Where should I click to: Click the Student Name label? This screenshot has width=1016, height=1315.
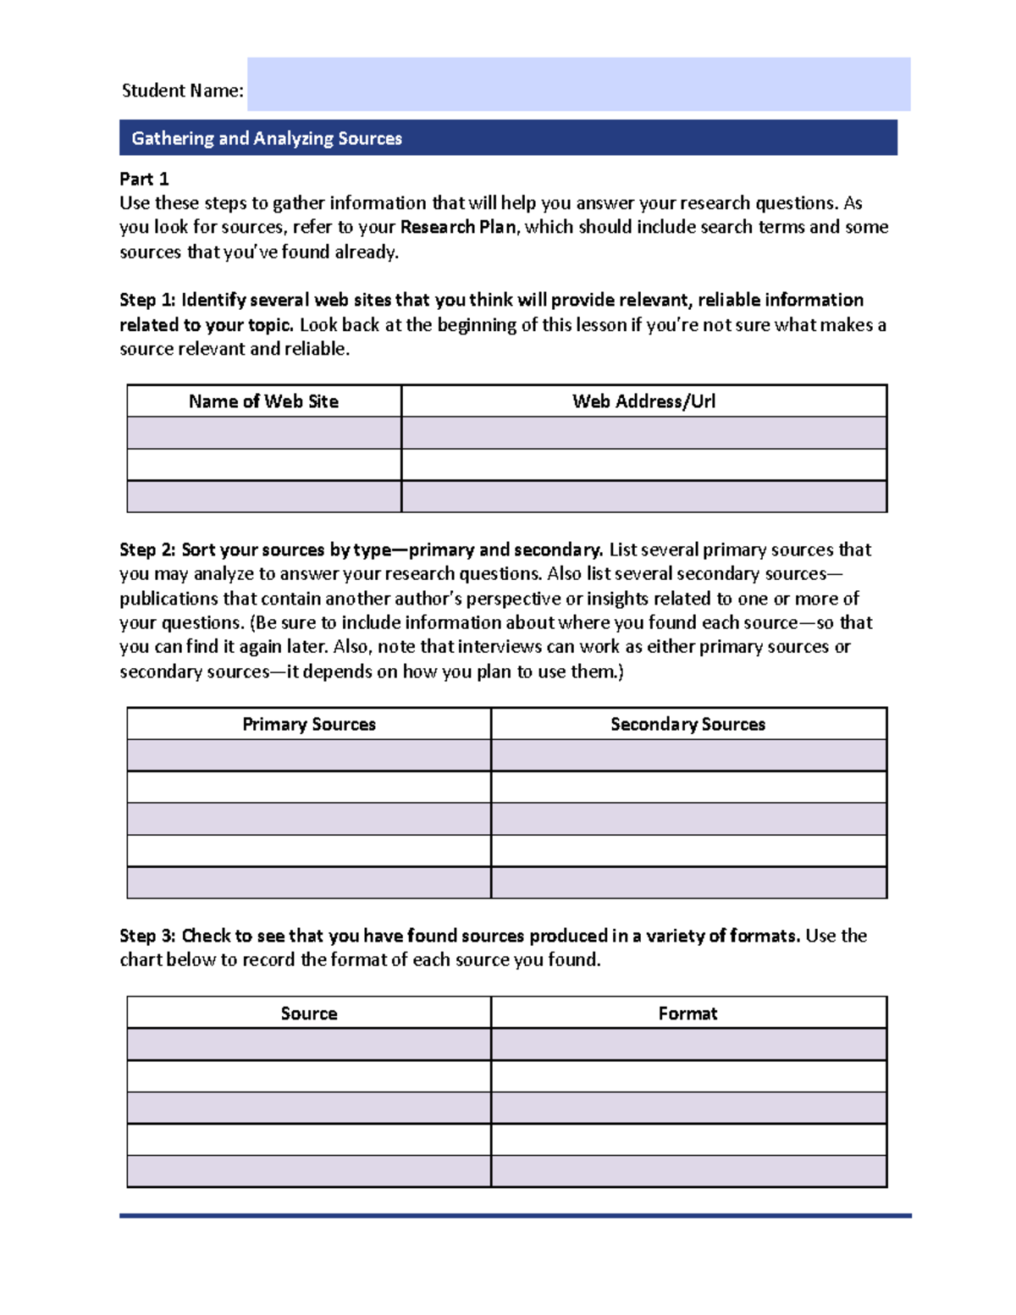pyautogui.click(x=182, y=91)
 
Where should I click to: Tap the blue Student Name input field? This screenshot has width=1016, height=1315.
pyautogui.click(x=578, y=85)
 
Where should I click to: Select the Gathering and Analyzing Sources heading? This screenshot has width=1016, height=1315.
pyautogui.click(x=267, y=138)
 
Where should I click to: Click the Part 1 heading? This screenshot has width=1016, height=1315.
pyautogui.click(x=144, y=179)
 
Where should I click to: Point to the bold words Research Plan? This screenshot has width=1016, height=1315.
pyautogui.click(x=458, y=227)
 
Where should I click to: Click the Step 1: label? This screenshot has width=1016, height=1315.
pyautogui.click(x=147, y=300)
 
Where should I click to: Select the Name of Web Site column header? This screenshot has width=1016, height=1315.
pyautogui.click(x=263, y=401)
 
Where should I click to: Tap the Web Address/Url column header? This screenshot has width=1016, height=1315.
pyautogui.click(x=643, y=401)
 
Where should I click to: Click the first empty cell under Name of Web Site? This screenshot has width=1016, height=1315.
pyautogui.click(x=263, y=433)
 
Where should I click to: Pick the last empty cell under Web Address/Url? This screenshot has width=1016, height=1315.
pyautogui.click(x=643, y=496)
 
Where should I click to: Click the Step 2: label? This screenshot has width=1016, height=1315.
pyautogui.click(x=147, y=550)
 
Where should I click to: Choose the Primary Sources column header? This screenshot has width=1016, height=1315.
pyautogui.click(x=309, y=724)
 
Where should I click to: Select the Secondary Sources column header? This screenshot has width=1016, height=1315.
pyautogui.click(x=687, y=724)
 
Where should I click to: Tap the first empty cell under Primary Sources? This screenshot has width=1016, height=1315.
pyautogui.click(x=309, y=755)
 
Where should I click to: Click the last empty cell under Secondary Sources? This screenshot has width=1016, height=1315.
pyautogui.click(x=687, y=882)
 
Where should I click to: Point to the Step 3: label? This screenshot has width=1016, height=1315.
pyautogui.click(x=147, y=936)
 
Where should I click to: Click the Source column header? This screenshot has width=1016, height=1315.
pyautogui.click(x=309, y=1014)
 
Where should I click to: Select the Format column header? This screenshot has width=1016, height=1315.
pyautogui.click(x=687, y=1014)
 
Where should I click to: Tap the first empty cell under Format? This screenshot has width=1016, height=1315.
pyautogui.click(x=687, y=1044)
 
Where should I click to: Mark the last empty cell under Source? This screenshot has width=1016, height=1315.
pyautogui.click(x=309, y=1171)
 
